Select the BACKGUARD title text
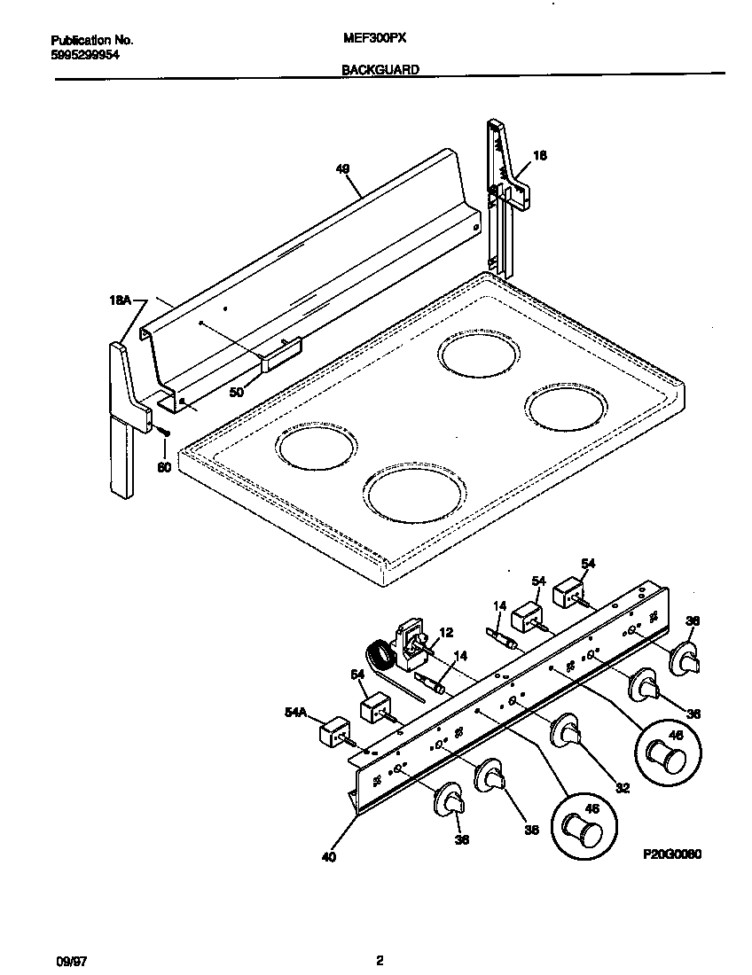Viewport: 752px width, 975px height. coord(380,69)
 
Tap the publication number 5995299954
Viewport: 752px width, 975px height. coord(85,54)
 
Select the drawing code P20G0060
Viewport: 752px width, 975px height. coord(672,857)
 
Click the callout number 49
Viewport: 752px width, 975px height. coord(343,168)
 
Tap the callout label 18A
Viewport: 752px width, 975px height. coord(120,301)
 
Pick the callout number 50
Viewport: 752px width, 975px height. coord(236,391)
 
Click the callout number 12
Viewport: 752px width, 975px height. coord(446,632)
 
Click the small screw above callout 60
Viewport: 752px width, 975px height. coord(164,431)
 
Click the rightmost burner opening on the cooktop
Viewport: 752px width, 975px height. coord(567,406)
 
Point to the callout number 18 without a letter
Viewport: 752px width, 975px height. coord(539,156)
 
